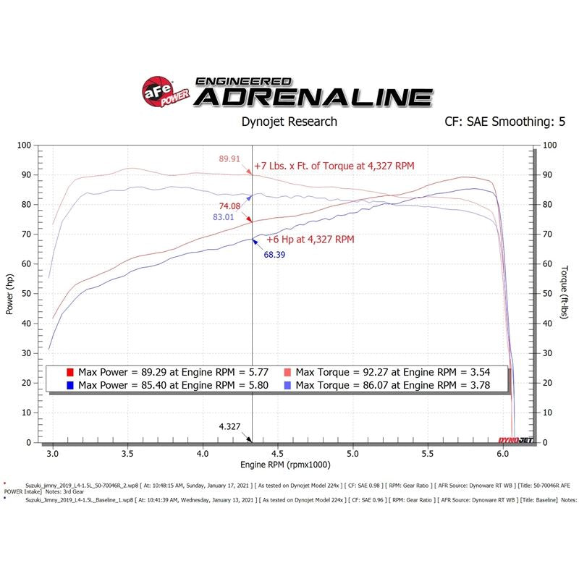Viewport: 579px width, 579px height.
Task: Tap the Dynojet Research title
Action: click(289, 122)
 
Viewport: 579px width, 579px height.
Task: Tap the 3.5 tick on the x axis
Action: click(127, 454)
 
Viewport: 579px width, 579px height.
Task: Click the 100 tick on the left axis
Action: click(23, 145)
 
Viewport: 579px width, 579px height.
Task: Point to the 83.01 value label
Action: click(225, 216)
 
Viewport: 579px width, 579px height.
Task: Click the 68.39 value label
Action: click(274, 255)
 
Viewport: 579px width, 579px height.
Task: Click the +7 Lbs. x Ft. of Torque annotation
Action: click(334, 166)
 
